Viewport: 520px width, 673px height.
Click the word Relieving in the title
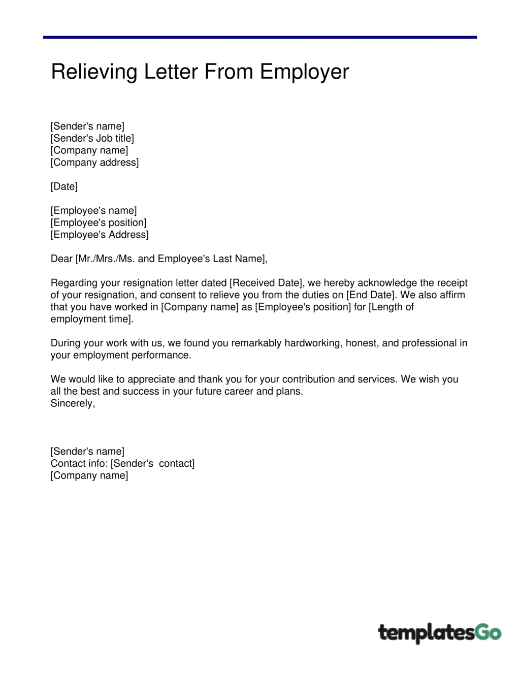point(94,72)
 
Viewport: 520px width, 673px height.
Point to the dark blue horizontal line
point(260,37)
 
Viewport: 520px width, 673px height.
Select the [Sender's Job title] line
point(92,138)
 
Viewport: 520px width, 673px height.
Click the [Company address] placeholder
point(94,163)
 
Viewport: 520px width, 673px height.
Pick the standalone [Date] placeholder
point(64,186)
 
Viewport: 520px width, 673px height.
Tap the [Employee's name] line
point(93,210)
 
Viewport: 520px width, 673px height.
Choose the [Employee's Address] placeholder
point(100,235)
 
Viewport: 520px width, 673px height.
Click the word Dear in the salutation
point(61,259)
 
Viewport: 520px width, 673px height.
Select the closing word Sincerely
point(72,403)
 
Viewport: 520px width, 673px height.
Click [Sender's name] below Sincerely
point(87,451)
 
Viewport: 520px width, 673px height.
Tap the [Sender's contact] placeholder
point(152,463)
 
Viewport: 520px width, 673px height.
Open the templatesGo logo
point(439,633)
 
